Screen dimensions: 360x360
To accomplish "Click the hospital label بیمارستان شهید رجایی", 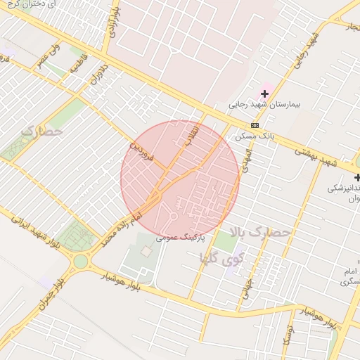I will pos(264,105).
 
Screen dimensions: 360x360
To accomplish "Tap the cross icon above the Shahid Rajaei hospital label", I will pos(265,93).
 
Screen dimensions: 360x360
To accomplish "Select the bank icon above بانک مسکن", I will pos(254,124).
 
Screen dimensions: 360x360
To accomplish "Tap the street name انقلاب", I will pos(192,135).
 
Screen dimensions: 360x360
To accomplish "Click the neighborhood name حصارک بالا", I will pos(269,231).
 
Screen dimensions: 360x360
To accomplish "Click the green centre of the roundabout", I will pos(81,262).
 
